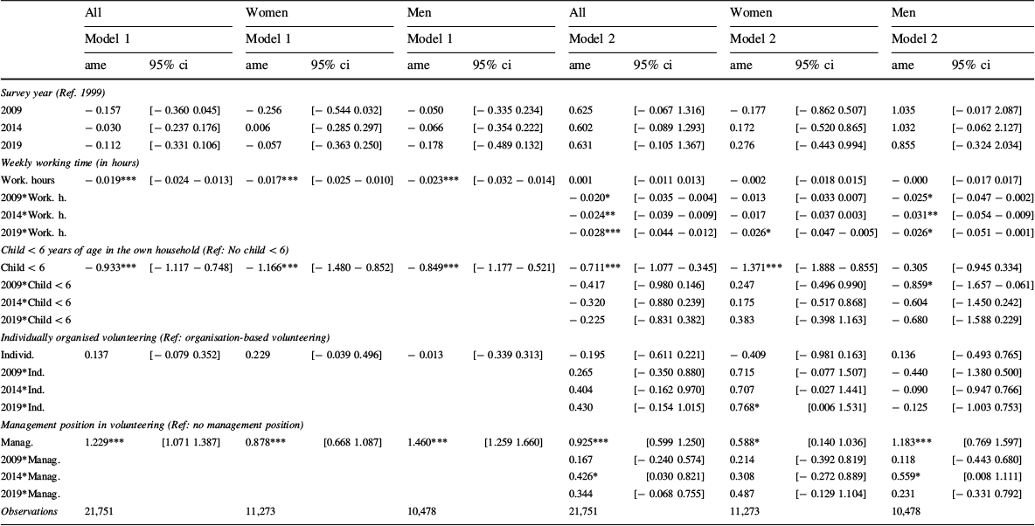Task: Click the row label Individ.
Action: (17, 354)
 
